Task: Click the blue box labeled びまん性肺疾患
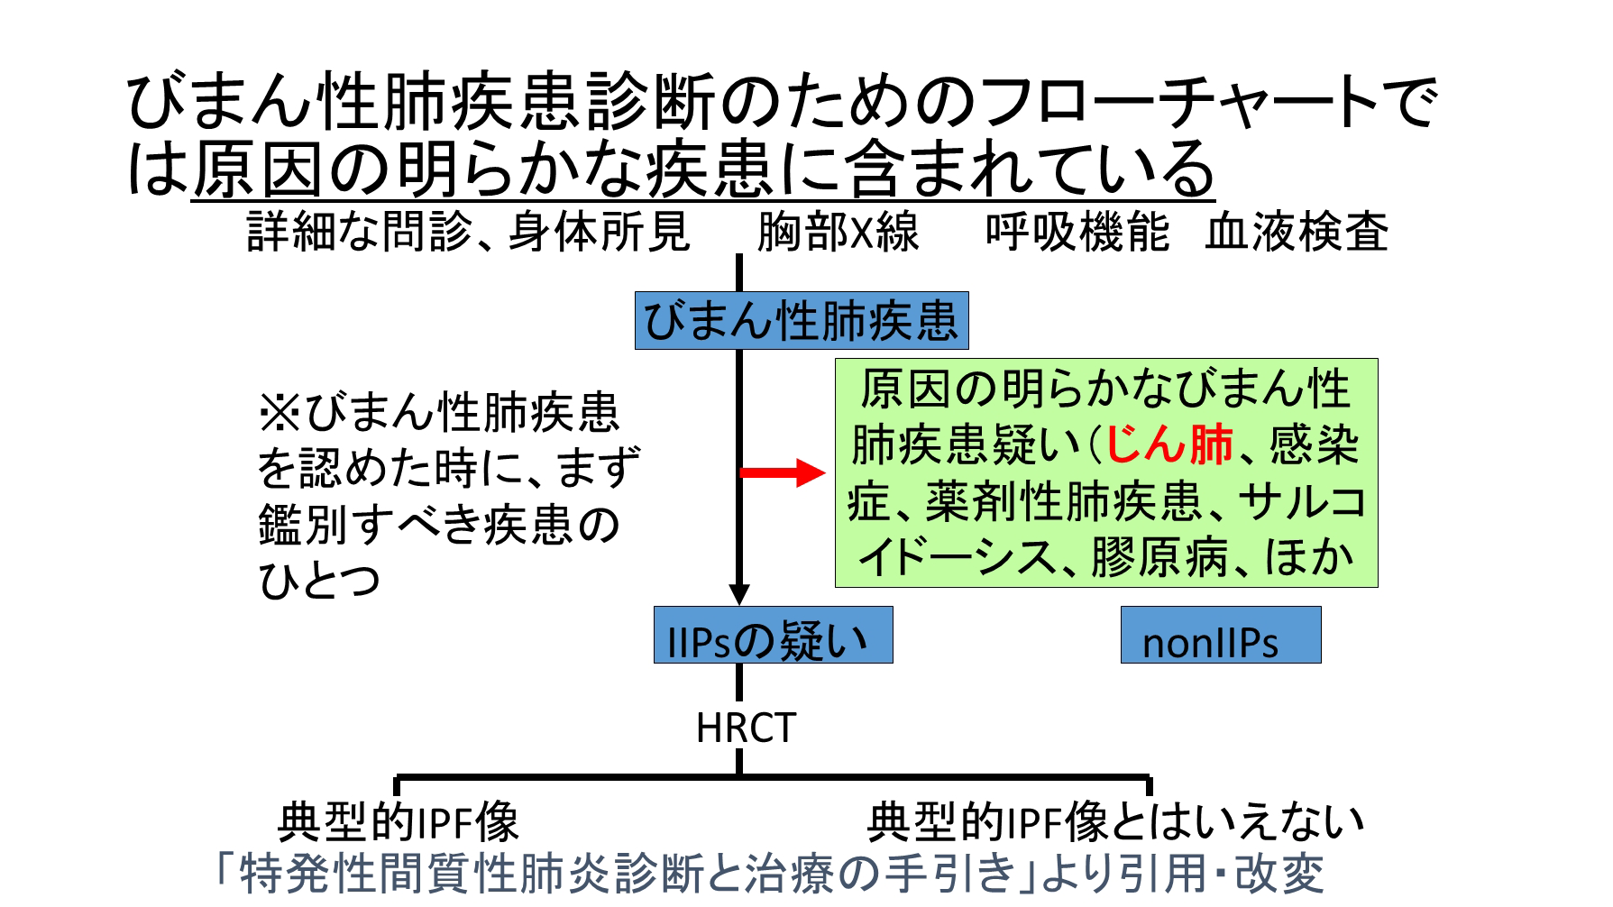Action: pyautogui.click(x=802, y=320)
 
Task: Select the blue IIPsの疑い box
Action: pyautogui.click(x=773, y=635)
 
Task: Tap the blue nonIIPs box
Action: pyautogui.click(x=1221, y=635)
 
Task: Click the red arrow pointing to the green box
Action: pyautogui.click(x=783, y=472)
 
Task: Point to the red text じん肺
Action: pyautogui.click(x=1169, y=444)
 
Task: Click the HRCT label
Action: pyautogui.click(x=746, y=728)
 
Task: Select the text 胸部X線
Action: pyautogui.click(x=838, y=233)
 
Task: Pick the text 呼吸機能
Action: pyautogui.click(x=1077, y=233)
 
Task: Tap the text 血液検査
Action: pyautogui.click(x=1297, y=233)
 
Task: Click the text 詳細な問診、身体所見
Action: pyautogui.click(x=469, y=233)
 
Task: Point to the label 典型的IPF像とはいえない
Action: pyautogui.click(x=1115, y=821)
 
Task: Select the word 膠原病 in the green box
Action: pyautogui.click(x=1159, y=557)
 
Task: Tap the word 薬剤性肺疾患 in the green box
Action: pyautogui.click(x=1065, y=501)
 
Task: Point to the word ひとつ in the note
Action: pyautogui.click(x=319, y=580)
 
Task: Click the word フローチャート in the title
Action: pyautogui.click(x=1177, y=102)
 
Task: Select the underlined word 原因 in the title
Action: pyautogui.click(x=257, y=169)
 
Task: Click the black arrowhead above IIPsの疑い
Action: pyautogui.click(x=739, y=595)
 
